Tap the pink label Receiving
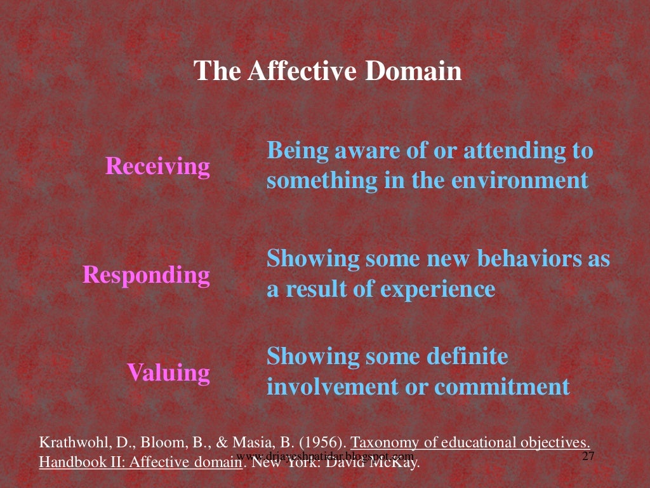pyautogui.click(x=157, y=166)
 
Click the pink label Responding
pyautogui.click(x=146, y=275)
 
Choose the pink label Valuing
pyautogui.click(x=168, y=372)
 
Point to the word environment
pyautogui.click(x=520, y=180)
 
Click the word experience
pyautogui.click(x=437, y=289)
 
